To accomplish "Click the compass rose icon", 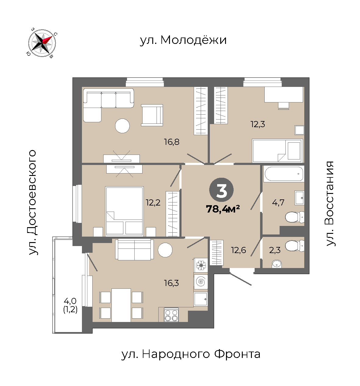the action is [x=42, y=43].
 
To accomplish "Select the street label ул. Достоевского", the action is [x=32, y=202].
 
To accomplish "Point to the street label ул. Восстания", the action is [x=330, y=203].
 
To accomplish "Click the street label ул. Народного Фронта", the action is [x=191, y=354].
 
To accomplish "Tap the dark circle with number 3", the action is [x=221, y=190].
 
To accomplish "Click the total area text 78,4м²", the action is [x=223, y=209].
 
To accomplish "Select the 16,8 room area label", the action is [x=172, y=142].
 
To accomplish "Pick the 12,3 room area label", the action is [x=258, y=124].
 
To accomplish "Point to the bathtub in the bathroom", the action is [x=284, y=174].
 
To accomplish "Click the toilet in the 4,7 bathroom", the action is [x=295, y=217].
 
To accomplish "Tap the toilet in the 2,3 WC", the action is [x=295, y=246].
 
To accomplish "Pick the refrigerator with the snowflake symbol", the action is [x=201, y=265].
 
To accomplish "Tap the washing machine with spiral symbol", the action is [x=201, y=281].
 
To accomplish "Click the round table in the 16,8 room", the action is [x=122, y=126].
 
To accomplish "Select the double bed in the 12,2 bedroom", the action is [x=124, y=212].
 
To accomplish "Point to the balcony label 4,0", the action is [x=70, y=301].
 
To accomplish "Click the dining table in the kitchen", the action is [x=121, y=305].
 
